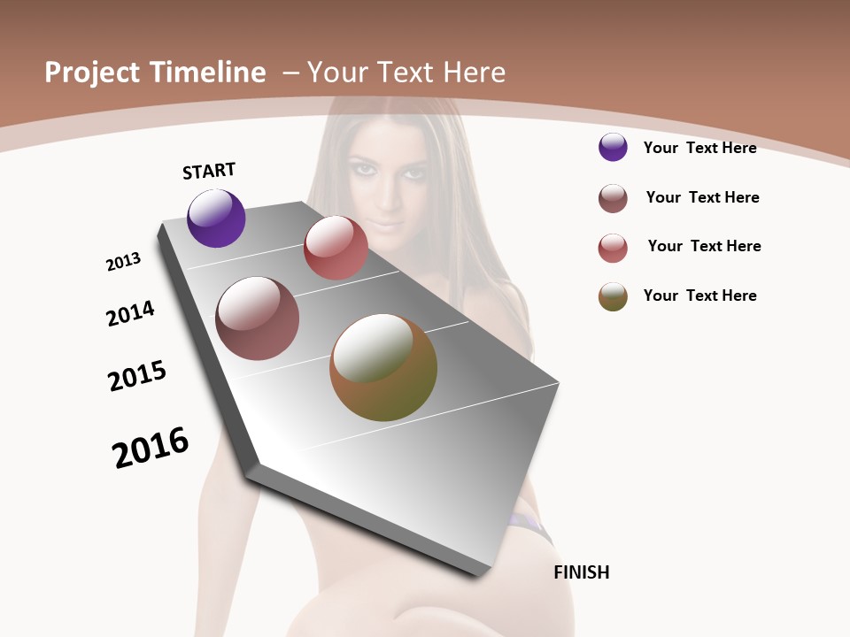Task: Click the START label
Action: [x=209, y=171]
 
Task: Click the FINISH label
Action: [x=582, y=572]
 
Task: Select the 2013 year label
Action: [x=123, y=262]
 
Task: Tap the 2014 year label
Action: [x=130, y=314]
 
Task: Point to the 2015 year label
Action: [x=137, y=376]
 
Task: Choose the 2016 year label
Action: [x=151, y=448]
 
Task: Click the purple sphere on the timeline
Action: [x=216, y=218]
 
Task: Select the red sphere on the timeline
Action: [x=336, y=248]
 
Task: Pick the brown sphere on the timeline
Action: [x=258, y=318]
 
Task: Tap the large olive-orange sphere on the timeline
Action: [x=383, y=367]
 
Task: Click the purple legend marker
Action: [x=613, y=147]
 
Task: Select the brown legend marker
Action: [x=613, y=198]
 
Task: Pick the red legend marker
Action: [x=613, y=248]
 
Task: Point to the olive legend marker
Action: [x=613, y=296]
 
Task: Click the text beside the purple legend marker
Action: [x=699, y=148]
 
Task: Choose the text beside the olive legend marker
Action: [x=699, y=295]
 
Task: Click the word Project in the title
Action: [x=92, y=73]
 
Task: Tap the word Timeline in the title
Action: [x=207, y=73]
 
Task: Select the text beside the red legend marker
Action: [x=704, y=246]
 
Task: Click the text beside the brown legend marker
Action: [x=702, y=197]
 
